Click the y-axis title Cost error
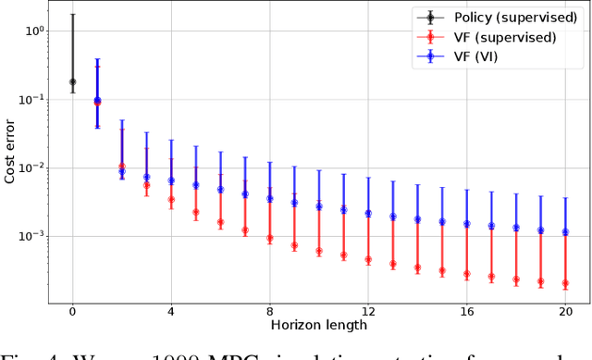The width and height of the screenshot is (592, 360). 11,153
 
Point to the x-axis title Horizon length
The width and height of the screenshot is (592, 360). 319,325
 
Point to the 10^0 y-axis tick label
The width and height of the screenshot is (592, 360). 35,31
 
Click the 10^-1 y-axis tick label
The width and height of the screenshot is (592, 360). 33,100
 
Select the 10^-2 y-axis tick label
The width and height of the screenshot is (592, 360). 33,168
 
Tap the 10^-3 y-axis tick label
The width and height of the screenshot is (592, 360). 33,237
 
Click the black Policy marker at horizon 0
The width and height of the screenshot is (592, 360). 72,81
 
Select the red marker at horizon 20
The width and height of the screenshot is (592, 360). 565,283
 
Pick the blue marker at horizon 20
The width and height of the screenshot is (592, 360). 565,232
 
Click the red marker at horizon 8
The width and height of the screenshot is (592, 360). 269,238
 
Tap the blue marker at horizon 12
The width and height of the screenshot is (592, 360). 368,213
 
